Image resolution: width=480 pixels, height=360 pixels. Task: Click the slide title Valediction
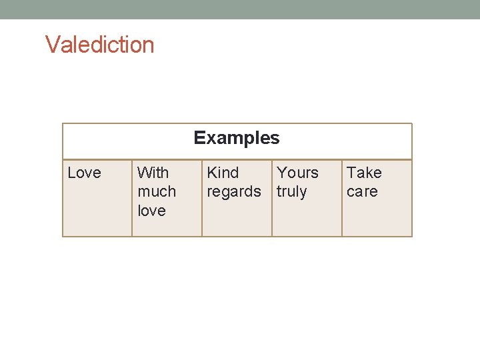(x=100, y=45)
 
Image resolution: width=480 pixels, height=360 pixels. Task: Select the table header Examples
(x=237, y=138)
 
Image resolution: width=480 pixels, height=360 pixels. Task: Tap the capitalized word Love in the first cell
(x=85, y=173)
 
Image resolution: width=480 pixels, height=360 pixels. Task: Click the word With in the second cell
(x=153, y=173)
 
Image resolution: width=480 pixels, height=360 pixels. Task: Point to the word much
(x=157, y=191)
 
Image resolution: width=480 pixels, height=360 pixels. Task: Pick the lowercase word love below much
(x=151, y=211)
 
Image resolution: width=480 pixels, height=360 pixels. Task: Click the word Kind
(x=223, y=173)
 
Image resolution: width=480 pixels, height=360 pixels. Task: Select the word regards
(x=234, y=192)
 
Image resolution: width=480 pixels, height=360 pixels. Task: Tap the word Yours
(x=297, y=173)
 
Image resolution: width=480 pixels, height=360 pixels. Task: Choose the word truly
(x=291, y=192)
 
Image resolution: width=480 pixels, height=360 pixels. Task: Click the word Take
(x=364, y=173)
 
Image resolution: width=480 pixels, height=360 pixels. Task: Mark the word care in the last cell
(x=362, y=192)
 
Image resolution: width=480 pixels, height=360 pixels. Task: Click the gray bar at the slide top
(x=240, y=9)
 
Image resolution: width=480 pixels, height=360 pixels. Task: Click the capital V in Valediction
(x=51, y=45)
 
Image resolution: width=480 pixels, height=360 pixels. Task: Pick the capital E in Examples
(x=199, y=138)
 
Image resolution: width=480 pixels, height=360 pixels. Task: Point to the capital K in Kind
(x=212, y=173)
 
